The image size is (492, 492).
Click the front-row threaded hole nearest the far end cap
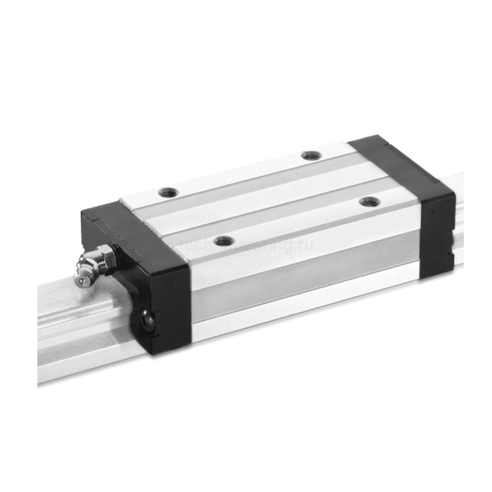(x=370, y=202)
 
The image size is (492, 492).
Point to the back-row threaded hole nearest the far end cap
(x=309, y=155)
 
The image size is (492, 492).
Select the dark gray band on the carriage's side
(x=302, y=281)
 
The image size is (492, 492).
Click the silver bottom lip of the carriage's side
(x=302, y=309)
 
